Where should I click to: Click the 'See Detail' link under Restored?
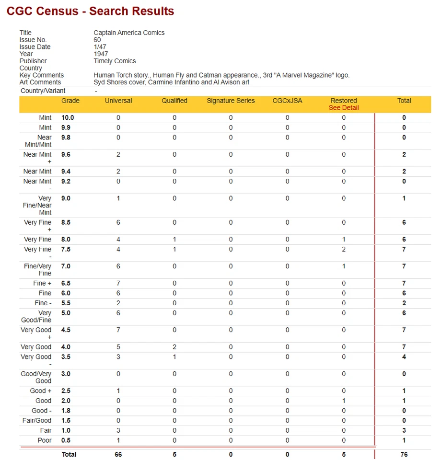pos(344,108)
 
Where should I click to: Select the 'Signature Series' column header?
pos(231,101)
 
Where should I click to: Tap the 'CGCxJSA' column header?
pos(287,101)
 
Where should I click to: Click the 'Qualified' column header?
pos(174,101)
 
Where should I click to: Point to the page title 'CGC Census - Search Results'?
pos(91,11)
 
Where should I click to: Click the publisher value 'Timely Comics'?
pos(115,61)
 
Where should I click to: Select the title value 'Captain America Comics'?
pos(129,33)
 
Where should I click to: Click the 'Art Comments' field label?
pos(40,82)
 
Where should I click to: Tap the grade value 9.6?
pos(66,155)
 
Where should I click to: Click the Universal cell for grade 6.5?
pos(118,283)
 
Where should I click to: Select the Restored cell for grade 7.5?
pos(344,249)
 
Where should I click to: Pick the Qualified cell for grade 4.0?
pos(174,347)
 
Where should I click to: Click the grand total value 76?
pos(404,454)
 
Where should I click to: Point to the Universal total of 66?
pos(118,454)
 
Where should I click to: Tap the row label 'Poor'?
pos(45,440)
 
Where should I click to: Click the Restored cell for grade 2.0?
pos(344,401)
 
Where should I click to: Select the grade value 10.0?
pos(68,118)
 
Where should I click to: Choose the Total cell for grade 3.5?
pos(404,357)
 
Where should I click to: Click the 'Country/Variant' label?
pos(43,91)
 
